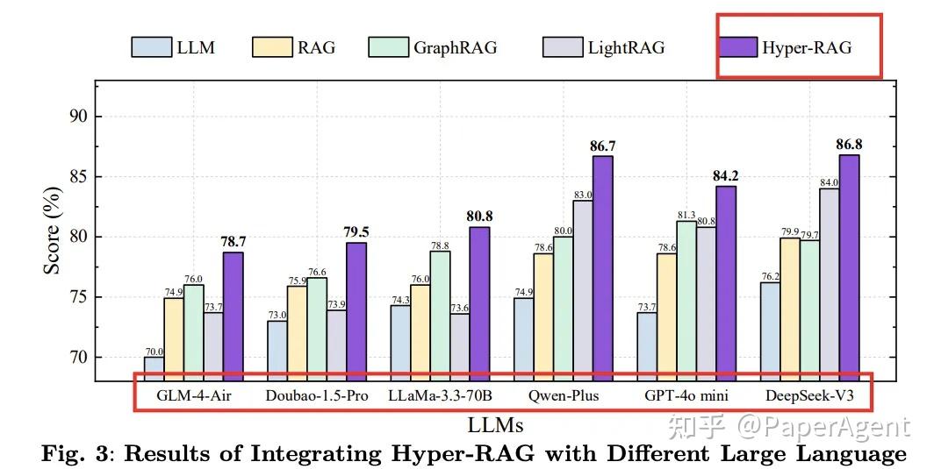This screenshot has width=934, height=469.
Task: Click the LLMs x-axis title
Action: [x=496, y=426]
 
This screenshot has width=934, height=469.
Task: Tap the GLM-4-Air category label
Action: [x=193, y=396]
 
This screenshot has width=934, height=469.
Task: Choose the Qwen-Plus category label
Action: [x=564, y=396]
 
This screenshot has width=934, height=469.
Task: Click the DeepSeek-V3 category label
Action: [x=808, y=396]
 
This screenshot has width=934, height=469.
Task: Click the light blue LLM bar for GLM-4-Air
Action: [x=154, y=368]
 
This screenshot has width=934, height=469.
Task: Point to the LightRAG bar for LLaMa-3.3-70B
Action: [x=459, y=347]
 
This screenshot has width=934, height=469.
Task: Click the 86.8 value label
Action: [x=849, y=144]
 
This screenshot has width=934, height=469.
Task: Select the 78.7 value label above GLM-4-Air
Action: [x=233, y=241]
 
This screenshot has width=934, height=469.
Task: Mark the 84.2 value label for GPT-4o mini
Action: [x=725, y=175]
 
